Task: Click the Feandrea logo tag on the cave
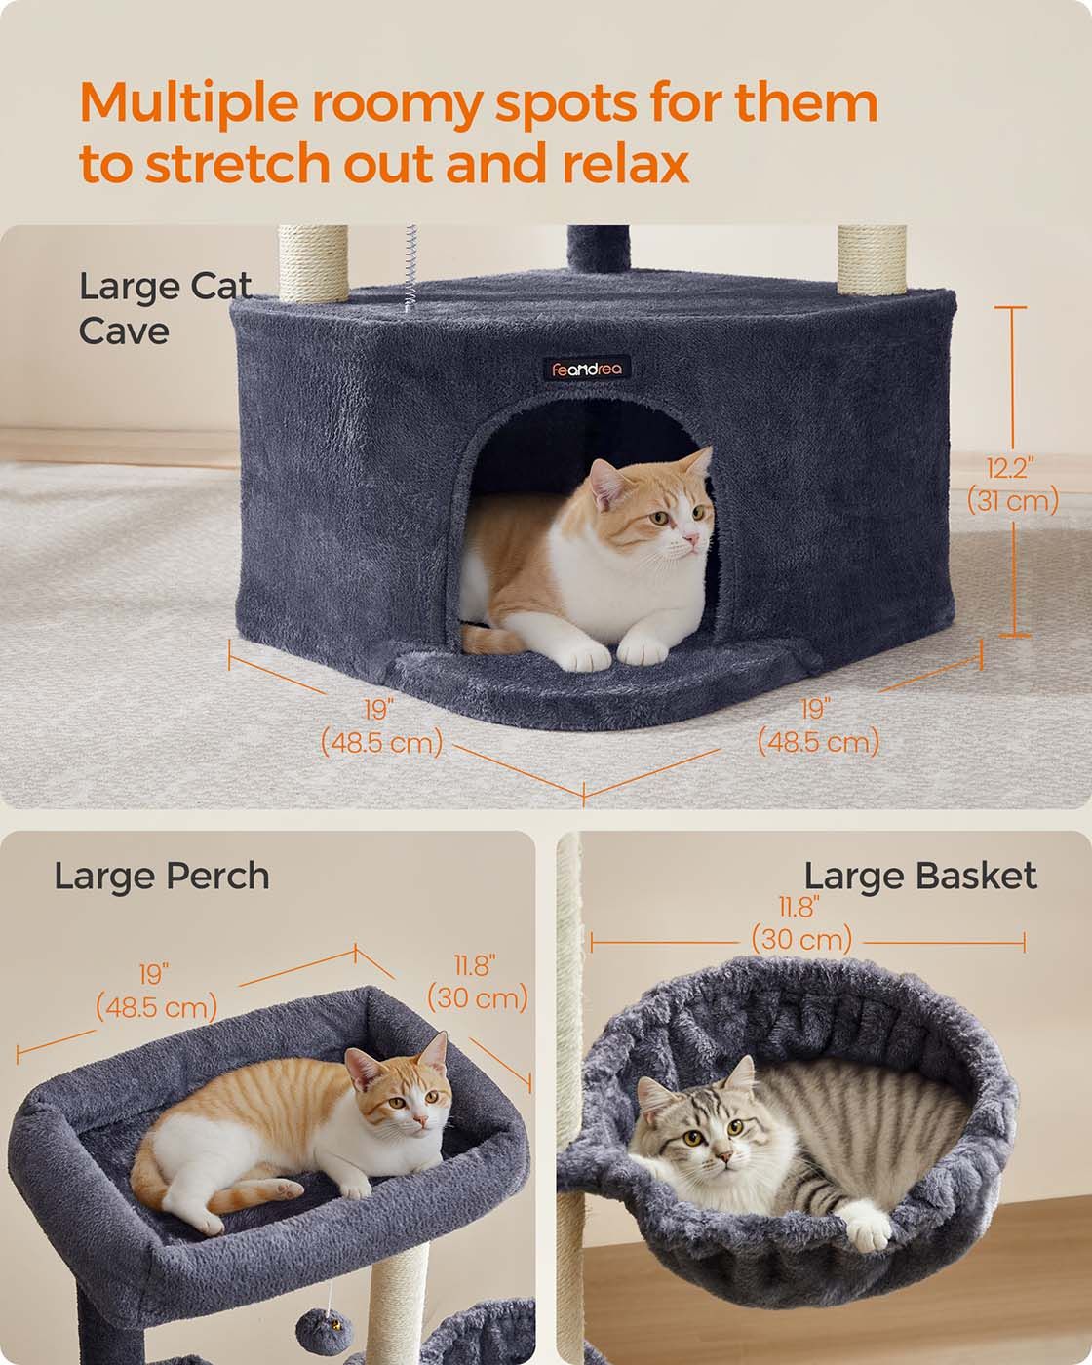point(586,369)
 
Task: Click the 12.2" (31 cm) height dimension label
point(1013,485)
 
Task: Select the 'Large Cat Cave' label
point(165,308)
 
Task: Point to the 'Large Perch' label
point(162,876)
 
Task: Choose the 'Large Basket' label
point(920,876)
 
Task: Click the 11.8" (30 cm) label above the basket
point(800,923)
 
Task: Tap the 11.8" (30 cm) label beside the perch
point(477,983)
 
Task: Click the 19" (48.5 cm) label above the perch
point(156,992)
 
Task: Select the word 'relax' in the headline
point(625,163)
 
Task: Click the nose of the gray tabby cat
point(723,1155)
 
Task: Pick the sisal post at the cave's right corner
point(872,259)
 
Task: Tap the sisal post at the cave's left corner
point(313,262)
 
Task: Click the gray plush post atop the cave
point(599,249)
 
